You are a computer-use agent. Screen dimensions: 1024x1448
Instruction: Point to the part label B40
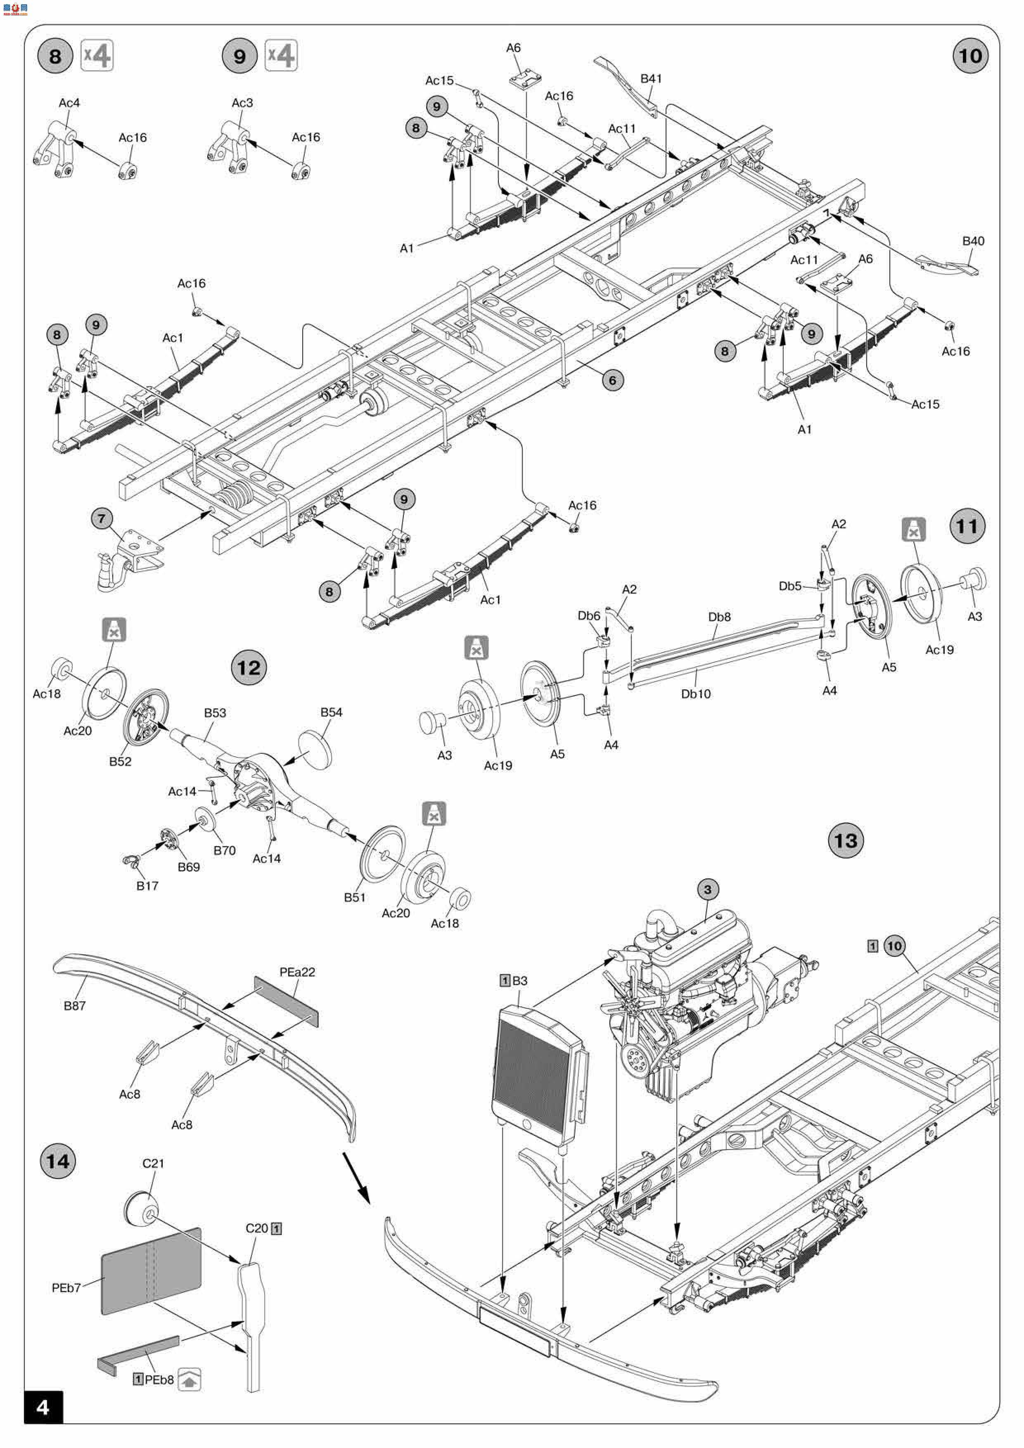tap(973, 241)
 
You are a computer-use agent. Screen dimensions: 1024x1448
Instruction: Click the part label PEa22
tap(297, 972)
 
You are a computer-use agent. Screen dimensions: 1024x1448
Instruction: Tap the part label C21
tap(153, 1163)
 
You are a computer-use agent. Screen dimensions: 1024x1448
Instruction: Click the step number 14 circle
tap(57, 1161)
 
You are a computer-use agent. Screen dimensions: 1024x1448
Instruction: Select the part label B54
tap(331, 712)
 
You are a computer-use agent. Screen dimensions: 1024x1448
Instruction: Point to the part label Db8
tap(719, 617)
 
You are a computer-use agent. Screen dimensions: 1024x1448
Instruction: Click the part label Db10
tap(696, 694)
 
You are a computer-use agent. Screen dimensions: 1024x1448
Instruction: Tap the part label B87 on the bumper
tap(74, 1005)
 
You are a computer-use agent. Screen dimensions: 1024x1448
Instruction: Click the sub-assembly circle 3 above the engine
tap(707, 889)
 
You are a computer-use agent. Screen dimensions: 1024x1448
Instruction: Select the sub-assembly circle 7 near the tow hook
tap(102, 518)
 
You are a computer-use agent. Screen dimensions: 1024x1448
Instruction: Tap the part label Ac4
tap(69, 103)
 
